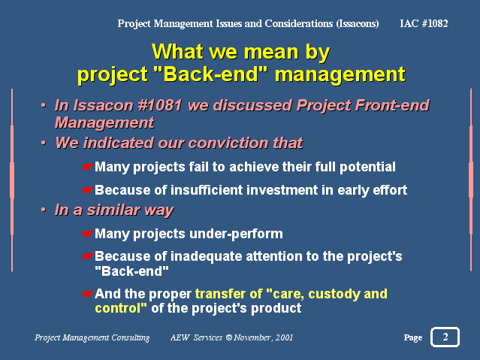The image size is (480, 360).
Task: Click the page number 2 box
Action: point(445,337)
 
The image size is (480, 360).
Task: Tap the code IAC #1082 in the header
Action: point(424,23)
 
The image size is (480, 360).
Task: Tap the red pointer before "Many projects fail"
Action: point(87,167)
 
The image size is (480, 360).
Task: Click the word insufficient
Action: point(207,190)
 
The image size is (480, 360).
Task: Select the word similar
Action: point(113,210)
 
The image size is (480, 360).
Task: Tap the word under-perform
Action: point(236,234)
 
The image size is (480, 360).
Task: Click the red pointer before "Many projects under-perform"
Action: point(87,234)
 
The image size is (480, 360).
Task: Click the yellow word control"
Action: point(121,308)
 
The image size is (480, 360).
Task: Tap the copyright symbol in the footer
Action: point(229,337)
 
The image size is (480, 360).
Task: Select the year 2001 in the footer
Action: point(284,337)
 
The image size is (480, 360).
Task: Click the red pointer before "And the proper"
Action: point(87,294)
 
